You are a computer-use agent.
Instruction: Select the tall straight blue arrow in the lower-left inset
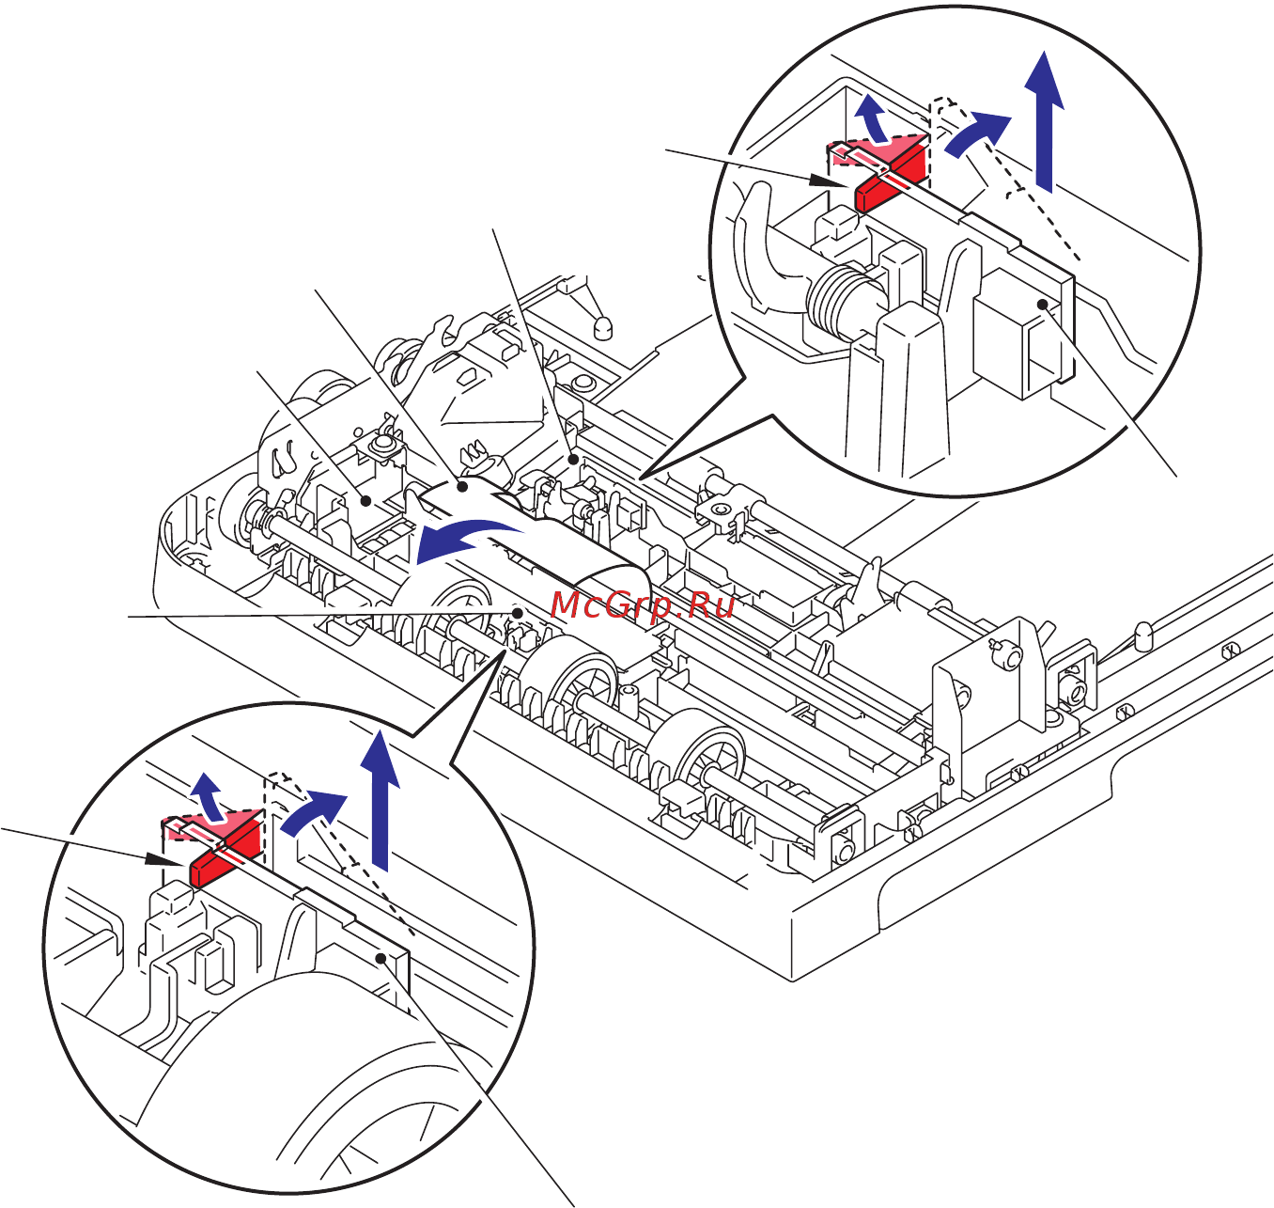(x=379, y=799)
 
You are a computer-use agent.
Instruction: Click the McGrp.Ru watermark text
(x=644, y=604)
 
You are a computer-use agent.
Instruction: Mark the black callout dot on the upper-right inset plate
(x=1042, y=303)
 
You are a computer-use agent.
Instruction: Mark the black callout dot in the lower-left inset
(x=381, y=957)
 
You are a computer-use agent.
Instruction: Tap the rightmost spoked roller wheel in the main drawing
(x=703, y=752)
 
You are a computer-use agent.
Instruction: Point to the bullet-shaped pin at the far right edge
(x=1143, y=636)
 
